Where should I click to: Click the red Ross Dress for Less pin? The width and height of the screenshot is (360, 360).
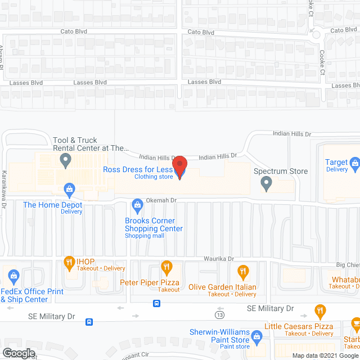(x=179, y=168)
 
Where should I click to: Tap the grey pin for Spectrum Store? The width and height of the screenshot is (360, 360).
(x=268, y=183)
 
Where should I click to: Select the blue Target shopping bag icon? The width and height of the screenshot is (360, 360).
(x=355, y=164)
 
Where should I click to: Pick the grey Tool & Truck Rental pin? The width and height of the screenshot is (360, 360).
(x=66, y=161)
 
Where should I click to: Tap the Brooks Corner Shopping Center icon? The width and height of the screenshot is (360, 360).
(x=137, y=204)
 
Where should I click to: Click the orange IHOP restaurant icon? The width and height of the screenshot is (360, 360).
(x=69, y=262)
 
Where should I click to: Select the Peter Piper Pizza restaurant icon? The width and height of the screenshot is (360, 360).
(x=166, y=267)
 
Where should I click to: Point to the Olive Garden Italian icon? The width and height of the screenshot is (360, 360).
(x=242, y=272)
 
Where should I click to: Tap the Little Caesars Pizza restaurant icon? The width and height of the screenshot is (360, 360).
(x=320, y=310)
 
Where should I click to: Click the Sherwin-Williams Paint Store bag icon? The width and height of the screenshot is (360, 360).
(x=258, y=337)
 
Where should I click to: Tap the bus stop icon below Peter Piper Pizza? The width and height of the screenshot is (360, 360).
(x=156, y=304)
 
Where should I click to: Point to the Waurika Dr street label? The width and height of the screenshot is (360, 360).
(x=219, y=258)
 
